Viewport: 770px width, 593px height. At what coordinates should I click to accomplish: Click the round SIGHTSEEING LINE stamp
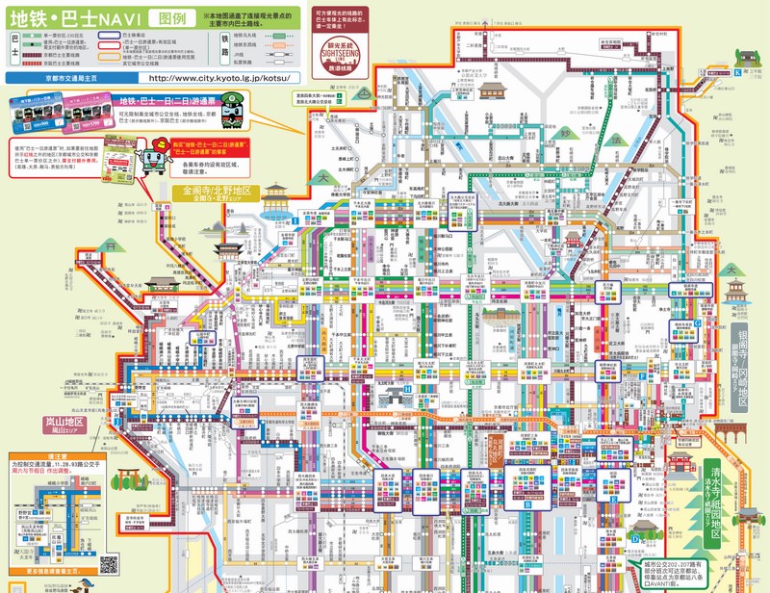tap(345, 52)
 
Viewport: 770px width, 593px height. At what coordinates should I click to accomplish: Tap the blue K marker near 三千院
tap(738, 73)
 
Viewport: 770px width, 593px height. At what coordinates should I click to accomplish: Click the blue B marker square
tap(527, 503)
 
